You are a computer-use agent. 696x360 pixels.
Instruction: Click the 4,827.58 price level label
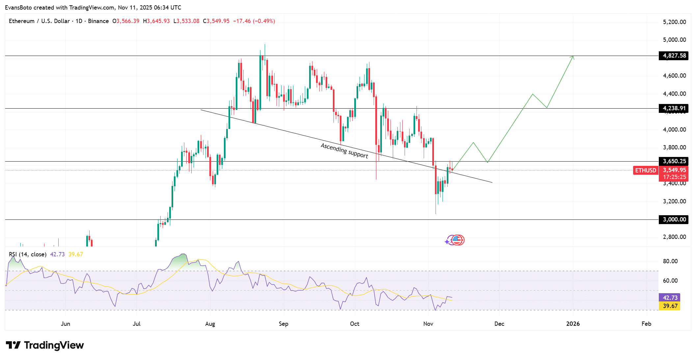click(674, 56)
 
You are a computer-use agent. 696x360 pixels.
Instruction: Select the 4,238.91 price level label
click(674, 108)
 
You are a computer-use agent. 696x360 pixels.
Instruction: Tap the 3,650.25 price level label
click(674, 161)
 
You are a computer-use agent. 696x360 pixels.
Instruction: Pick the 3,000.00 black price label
click(674, 219)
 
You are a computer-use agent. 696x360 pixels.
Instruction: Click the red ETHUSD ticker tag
click(645, 170)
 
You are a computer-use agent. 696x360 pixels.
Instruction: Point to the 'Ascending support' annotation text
click(344, 151)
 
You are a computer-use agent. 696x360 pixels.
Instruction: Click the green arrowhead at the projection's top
click(573, 57)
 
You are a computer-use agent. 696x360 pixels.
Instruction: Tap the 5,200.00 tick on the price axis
click(674, 22)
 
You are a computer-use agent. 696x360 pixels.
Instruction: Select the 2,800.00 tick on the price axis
click(674, 237)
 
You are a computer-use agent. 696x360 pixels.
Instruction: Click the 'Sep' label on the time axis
click(283, 324)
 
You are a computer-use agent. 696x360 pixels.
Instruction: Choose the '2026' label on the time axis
click(573, 324)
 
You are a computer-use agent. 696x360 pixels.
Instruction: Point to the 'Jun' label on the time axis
click(66, 324)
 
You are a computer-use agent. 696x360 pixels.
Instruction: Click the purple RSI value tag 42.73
click(670, 298)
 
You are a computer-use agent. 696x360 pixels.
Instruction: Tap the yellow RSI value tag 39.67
click(670, 306)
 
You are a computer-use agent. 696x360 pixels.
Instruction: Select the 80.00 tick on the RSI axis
click(670, 261)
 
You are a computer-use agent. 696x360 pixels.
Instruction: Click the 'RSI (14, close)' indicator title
click(28, 254)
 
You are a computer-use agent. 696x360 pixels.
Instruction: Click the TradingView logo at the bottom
click(45, 345)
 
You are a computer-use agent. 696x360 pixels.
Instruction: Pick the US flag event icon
click(457, 240)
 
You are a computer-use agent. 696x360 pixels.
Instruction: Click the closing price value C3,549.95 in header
click(216, 21)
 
